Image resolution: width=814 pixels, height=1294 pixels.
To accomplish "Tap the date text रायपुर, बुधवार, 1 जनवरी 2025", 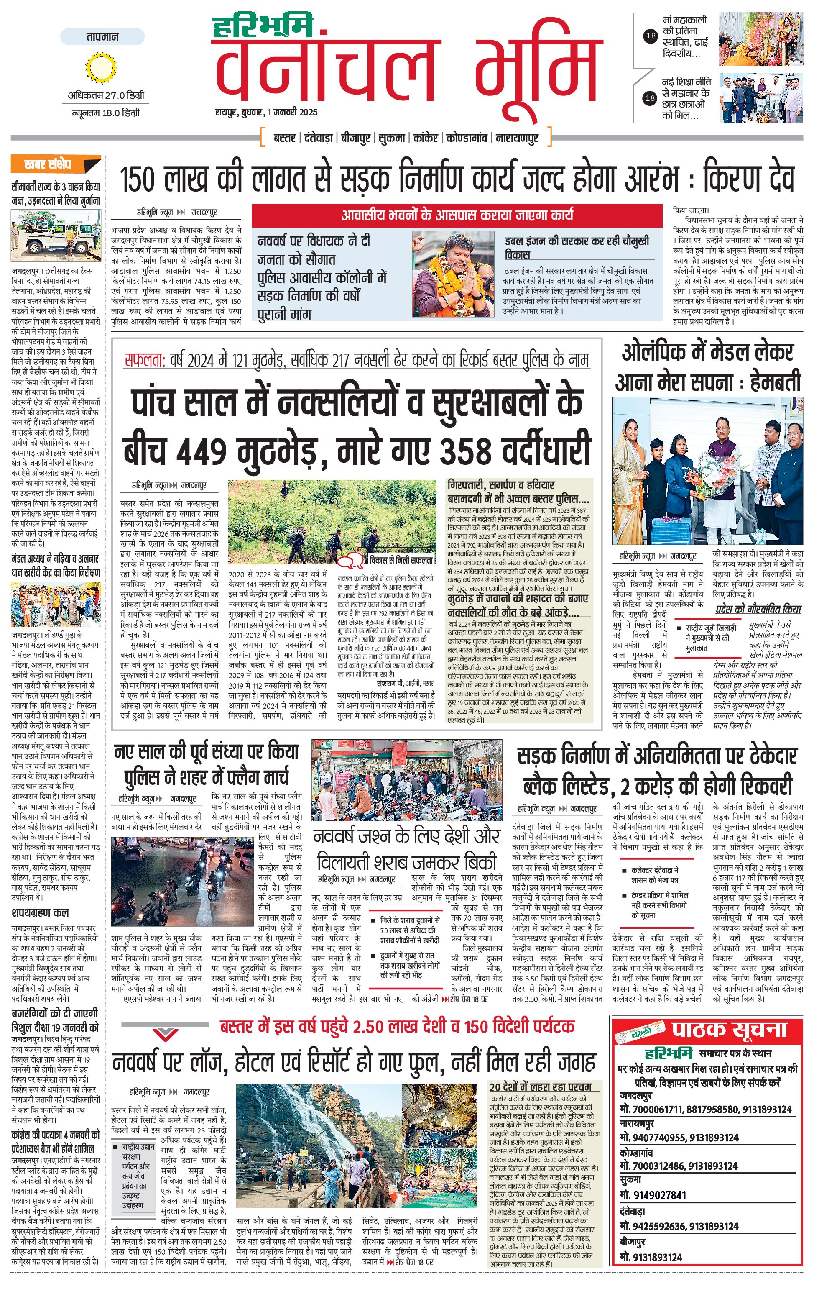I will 266,112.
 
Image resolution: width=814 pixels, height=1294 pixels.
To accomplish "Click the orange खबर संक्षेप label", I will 55,164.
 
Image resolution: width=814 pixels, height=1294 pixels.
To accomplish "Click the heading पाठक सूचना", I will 729,1030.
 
